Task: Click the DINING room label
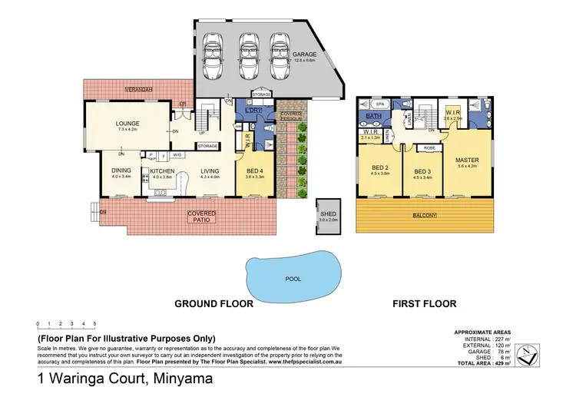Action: pos(121,170)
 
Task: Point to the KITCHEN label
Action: pos(163,170)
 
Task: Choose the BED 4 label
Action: pos(255,170)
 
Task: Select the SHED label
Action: pos(328,213)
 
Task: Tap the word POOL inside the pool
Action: pos(293,280)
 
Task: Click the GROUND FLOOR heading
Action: pos(214,303)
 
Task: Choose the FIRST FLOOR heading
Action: pos(425,303)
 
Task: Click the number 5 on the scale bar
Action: pos(94,324)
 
